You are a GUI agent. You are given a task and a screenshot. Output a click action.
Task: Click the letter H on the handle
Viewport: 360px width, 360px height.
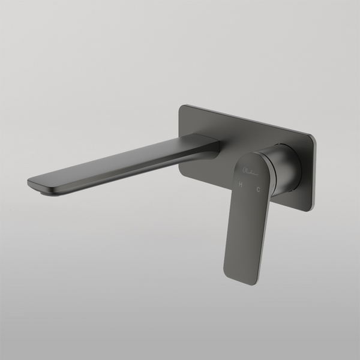[x=241, y=186]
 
